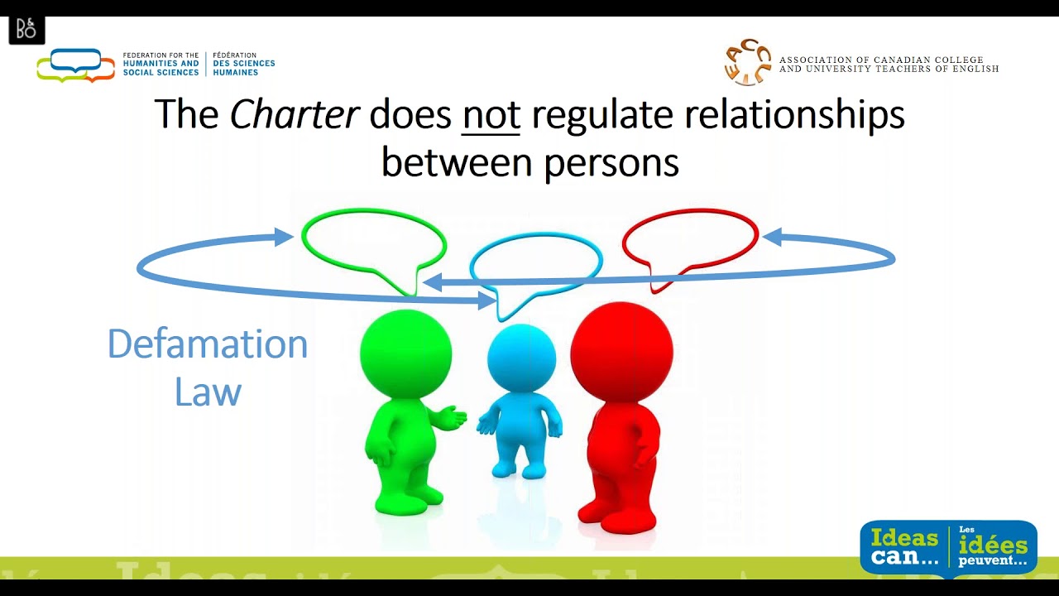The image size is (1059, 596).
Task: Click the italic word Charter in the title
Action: click(294, 115)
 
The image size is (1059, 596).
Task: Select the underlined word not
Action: click(491, 115)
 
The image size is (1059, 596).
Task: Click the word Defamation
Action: click(208, 344)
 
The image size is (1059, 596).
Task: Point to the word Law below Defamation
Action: click(208, 392)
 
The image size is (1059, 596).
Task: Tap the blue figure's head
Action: click(521, 358)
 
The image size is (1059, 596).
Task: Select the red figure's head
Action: click(621, 351)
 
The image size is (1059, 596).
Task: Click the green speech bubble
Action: click(374, 241)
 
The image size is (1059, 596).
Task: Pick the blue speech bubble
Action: click(535, 264)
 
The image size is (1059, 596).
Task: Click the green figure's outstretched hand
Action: click(452, 418)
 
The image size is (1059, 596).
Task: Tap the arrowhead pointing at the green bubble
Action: click(284, 238)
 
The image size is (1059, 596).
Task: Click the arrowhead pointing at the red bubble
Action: click(772, 238)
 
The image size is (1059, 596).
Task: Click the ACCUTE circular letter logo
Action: click(747, 61)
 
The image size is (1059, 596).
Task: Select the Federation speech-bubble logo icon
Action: click(75, 65)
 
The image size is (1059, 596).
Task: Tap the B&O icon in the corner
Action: click(26, 30)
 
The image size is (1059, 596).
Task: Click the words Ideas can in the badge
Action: click(903, 547)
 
